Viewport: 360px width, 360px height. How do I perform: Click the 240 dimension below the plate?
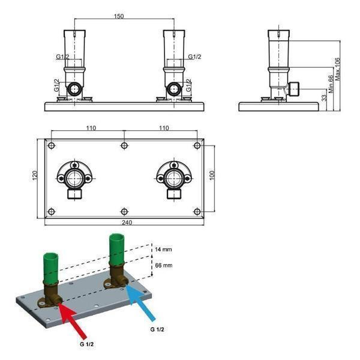click(124, 223)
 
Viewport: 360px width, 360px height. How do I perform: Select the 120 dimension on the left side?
click(35, 176)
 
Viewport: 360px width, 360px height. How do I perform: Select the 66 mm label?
click(163, 264)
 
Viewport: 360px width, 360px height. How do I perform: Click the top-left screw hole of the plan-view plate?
click(51, 146)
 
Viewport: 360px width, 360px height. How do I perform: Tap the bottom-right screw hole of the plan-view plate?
click(197, 211)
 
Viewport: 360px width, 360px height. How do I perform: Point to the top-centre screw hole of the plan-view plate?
click(124, 146)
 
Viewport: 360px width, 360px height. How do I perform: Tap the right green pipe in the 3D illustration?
click(115, 252)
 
